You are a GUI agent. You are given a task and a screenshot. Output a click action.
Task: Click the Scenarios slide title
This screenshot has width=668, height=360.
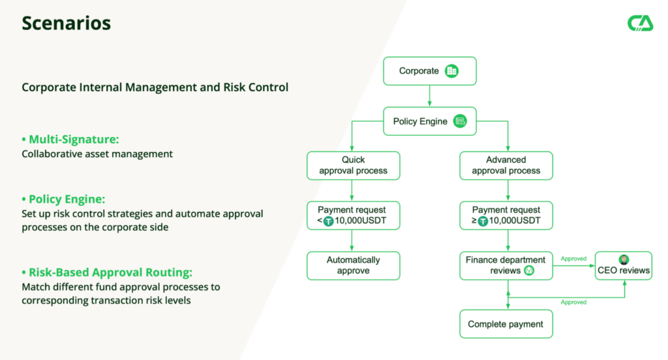point(66,23)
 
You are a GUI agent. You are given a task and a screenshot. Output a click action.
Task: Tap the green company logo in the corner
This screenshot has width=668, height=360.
point(641,23)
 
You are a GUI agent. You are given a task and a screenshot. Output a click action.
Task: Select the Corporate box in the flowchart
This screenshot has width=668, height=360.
point(430,71)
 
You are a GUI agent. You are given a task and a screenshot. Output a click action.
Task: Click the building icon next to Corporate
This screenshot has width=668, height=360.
point(451,70)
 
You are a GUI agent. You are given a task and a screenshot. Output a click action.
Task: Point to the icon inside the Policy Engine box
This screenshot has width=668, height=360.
point(460,121)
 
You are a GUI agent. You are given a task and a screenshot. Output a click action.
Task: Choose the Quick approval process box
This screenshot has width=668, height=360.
point(353,165)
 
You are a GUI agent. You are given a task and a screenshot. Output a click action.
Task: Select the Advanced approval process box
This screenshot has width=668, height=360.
point(506,165)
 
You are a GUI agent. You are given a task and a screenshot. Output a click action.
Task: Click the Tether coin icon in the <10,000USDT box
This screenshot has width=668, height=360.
point(329,221)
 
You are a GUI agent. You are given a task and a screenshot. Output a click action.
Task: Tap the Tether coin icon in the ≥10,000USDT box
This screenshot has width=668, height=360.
point(483,221)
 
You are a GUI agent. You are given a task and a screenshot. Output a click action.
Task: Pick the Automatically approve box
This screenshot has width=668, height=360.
point(353,265)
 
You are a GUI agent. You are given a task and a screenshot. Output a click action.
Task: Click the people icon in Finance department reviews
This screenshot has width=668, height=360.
point(528,271)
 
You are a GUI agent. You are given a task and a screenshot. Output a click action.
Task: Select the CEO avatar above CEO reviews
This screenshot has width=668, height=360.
point(624,260)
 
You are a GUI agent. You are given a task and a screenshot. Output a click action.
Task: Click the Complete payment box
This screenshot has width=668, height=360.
point(506,324)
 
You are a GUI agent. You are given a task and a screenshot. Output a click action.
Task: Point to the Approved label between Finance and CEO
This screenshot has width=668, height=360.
point(573,259)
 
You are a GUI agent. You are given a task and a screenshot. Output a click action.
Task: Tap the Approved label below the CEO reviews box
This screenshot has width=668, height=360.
point(573,302)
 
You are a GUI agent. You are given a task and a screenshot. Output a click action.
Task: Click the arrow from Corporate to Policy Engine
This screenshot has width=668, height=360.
point(429,96)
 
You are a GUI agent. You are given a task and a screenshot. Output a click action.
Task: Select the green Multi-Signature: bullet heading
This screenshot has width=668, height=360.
point(70,140)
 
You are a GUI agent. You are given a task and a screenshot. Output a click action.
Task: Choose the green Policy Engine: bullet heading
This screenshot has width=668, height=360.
point(63,199)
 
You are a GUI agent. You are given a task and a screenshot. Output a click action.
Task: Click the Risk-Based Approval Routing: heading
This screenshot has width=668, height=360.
point(107,272)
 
